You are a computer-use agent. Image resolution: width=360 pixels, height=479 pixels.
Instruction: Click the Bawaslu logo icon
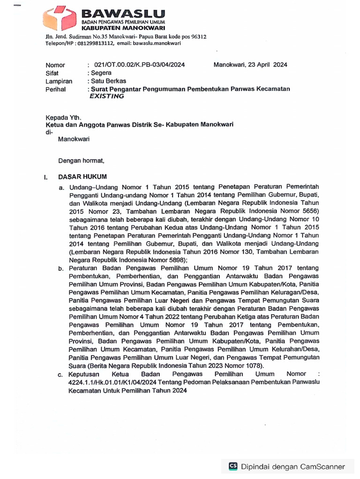[59, 18]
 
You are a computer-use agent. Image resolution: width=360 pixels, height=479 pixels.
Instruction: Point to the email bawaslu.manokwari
[154, 43]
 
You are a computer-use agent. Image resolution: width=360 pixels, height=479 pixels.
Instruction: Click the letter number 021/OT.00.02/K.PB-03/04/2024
[139, 65]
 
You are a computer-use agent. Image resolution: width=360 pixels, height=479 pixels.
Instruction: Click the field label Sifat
[52, 73]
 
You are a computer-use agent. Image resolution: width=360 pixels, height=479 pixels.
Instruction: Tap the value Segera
[101, 73]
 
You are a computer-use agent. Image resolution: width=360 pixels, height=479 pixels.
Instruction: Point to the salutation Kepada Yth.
[63, 117]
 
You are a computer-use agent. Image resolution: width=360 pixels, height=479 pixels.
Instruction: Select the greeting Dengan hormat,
[81, 161]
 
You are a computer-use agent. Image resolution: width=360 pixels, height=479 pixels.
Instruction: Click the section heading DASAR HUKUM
[82, 177]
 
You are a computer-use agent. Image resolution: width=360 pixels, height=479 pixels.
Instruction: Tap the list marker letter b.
[61, 268]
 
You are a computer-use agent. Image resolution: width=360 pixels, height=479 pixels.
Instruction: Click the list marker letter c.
[61, 374]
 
